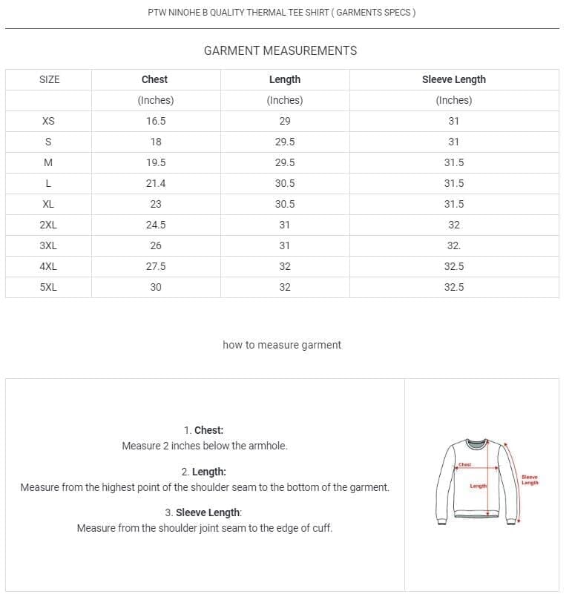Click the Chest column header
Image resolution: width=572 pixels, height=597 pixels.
(x=154, y=79)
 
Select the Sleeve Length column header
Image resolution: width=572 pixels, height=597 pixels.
(x=453, y=79)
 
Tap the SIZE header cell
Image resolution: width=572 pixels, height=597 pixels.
(x=49, y=79)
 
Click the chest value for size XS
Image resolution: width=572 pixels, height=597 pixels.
(x=156, y=121)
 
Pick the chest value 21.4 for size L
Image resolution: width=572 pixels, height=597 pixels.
(x=156, y=183)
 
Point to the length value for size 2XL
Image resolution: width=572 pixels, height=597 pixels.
(x=285, y=225)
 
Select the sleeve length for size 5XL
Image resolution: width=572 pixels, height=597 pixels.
(x=454, y=287)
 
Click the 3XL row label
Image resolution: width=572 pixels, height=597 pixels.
(x=48, y=245)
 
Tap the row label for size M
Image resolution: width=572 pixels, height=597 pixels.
(x=48, y=162)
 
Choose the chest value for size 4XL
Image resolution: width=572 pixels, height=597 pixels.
(x=156, y=266)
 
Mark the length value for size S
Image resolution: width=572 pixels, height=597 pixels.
(x=285, y=142)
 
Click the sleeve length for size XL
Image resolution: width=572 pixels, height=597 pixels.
(x=454, y=204)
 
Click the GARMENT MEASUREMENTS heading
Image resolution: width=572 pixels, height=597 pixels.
(x=280, y=50)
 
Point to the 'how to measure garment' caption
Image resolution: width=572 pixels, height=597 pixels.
(x=282, y=345)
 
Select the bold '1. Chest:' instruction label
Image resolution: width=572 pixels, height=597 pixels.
(x=203, y=430)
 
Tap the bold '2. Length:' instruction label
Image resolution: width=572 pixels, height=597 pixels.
(x=203, y=472)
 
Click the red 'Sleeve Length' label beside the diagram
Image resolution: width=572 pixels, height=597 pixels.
(x=530, y=480)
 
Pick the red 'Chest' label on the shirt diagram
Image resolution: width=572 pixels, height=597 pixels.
(x=464, y=465)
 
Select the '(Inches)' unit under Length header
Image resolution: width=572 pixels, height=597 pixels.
(x=285, y=100)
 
